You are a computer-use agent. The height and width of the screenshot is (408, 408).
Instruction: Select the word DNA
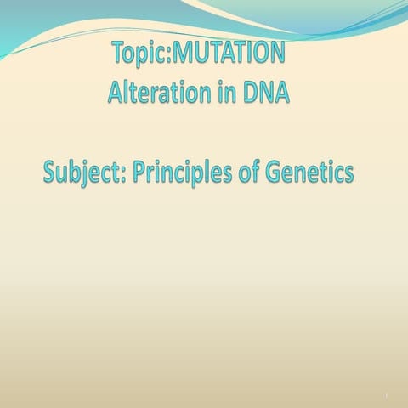(264, 92)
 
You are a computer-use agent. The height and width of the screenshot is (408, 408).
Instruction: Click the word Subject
(81, 174)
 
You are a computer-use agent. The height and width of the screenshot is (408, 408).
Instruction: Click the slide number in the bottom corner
(386, 395)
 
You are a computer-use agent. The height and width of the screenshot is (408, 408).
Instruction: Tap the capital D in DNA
(248, 92)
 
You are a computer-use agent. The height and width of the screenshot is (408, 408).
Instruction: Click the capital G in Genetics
(275, 174)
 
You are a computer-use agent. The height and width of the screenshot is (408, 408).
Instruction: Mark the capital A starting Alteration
(116, 92)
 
